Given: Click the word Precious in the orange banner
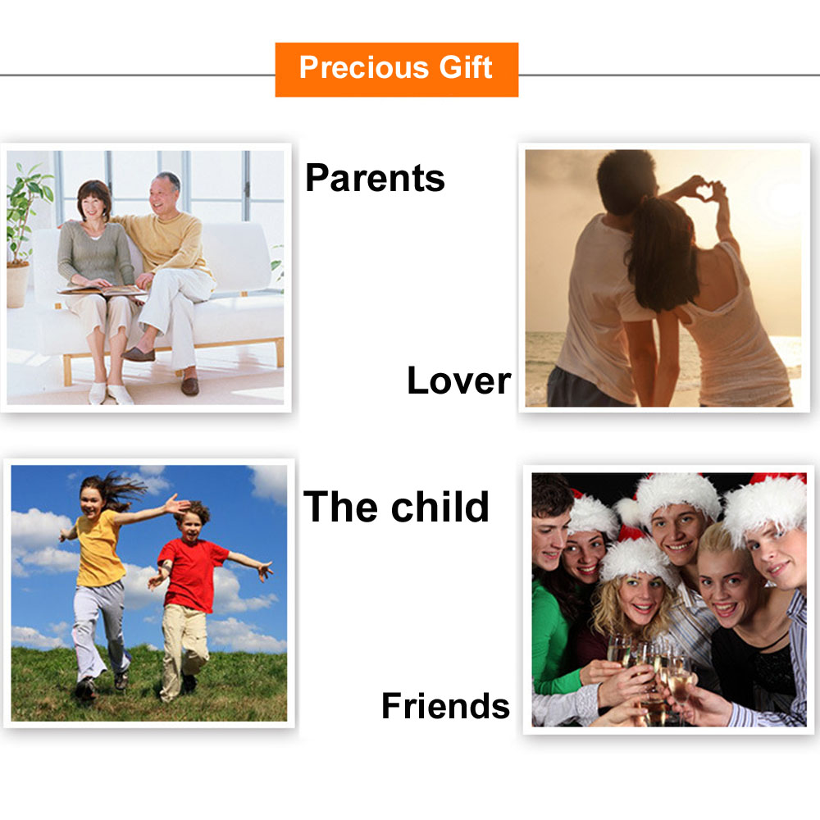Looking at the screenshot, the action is (364, 67).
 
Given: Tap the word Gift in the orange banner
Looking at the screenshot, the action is (466, 67).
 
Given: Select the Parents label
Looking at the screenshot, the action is (375, 178).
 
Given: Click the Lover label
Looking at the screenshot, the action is (458, 380).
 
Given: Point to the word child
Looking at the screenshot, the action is (440, 506).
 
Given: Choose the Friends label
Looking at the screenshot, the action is (445, 705).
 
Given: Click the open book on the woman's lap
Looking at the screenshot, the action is (101, 289).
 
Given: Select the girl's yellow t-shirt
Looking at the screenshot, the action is (99, 549).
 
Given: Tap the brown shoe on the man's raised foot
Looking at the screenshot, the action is (139, 354).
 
